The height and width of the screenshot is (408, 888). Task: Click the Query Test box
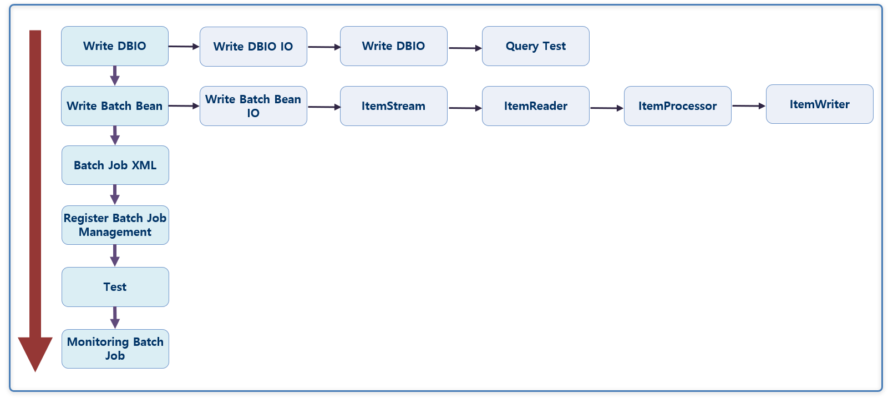(x=535, y=46)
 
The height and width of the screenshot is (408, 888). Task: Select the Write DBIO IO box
(x=253, y=47)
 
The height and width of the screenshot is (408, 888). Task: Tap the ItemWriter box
(x=819, y=104)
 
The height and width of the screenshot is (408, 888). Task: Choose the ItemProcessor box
(x=677, y=106)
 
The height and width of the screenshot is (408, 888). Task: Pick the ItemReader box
(x=535, y=106)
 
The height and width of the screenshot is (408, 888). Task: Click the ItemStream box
(x=393, y=106)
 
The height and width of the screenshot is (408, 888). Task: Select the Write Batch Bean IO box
(x=253, y=106)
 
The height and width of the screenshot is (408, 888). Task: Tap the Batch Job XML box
(x=115, y=165)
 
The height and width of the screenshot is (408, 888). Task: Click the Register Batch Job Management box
(x=115, y=225)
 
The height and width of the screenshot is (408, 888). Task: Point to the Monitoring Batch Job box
(x=115, y=349)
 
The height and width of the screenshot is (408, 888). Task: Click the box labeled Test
(x=115, y=287)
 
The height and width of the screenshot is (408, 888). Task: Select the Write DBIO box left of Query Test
(x=393, y=46)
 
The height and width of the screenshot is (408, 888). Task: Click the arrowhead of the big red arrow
(x=35, y=352)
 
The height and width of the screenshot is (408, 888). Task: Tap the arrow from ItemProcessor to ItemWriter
(x=748, y=106)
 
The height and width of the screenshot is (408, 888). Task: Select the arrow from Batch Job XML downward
(x=115, y=195)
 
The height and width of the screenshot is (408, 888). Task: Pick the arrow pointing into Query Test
(x=464, y=48)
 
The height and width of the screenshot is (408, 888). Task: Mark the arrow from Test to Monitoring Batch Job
(x=115, y=318)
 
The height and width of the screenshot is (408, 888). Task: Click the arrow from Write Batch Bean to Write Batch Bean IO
(x=184, y=105)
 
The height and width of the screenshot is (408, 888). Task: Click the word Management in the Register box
(x=115, y=233)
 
